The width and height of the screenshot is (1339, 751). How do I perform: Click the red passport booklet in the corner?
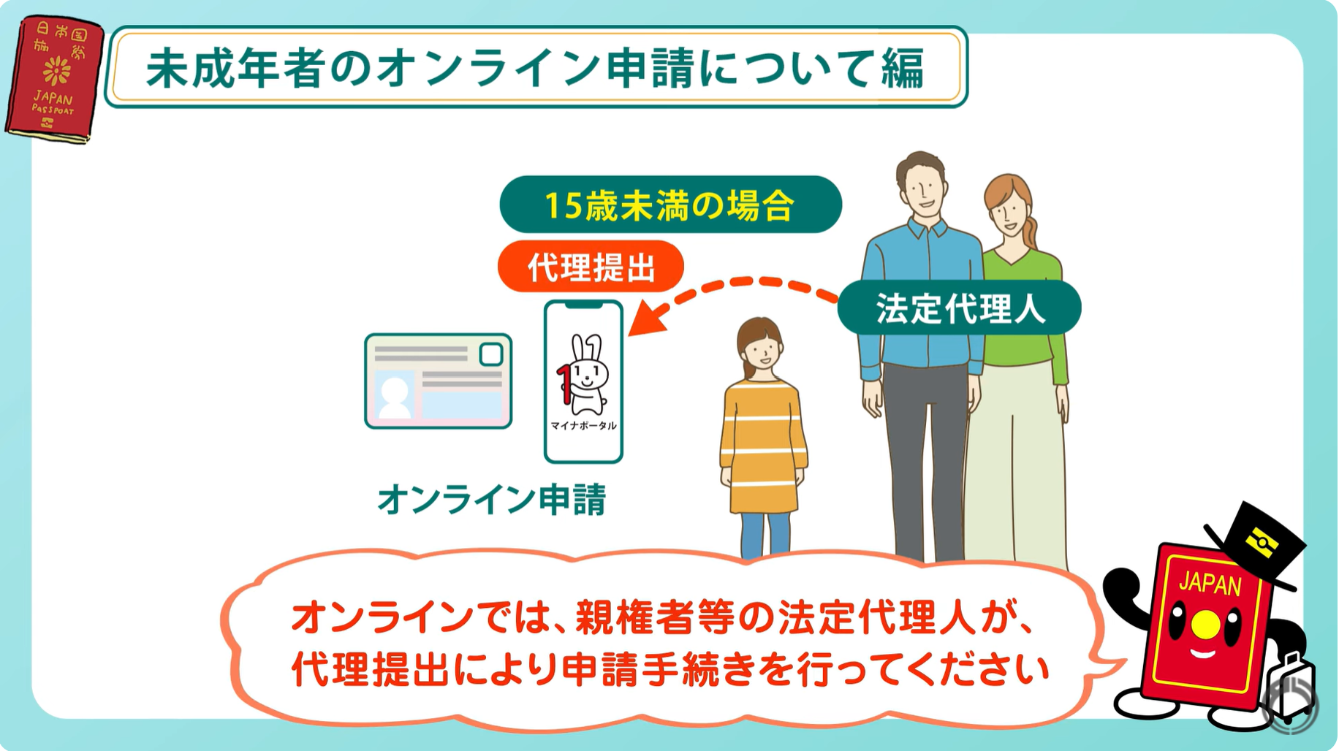coord(54,79)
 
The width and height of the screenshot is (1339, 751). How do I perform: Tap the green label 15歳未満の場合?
coord(670,205)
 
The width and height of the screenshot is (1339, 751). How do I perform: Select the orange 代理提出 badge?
coord(591,267)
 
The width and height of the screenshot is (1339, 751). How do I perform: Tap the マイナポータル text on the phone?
coord(583,426)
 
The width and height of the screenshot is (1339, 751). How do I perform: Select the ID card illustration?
coord(438,381)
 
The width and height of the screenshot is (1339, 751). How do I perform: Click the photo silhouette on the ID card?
coord(395,396)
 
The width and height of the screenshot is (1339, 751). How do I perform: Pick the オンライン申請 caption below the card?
coord(491,500)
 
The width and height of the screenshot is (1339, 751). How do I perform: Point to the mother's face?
coord(1010,212)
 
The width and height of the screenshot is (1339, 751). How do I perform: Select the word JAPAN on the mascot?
coord(1210,584)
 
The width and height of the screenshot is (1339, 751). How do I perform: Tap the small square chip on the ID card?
coord(491,354)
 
